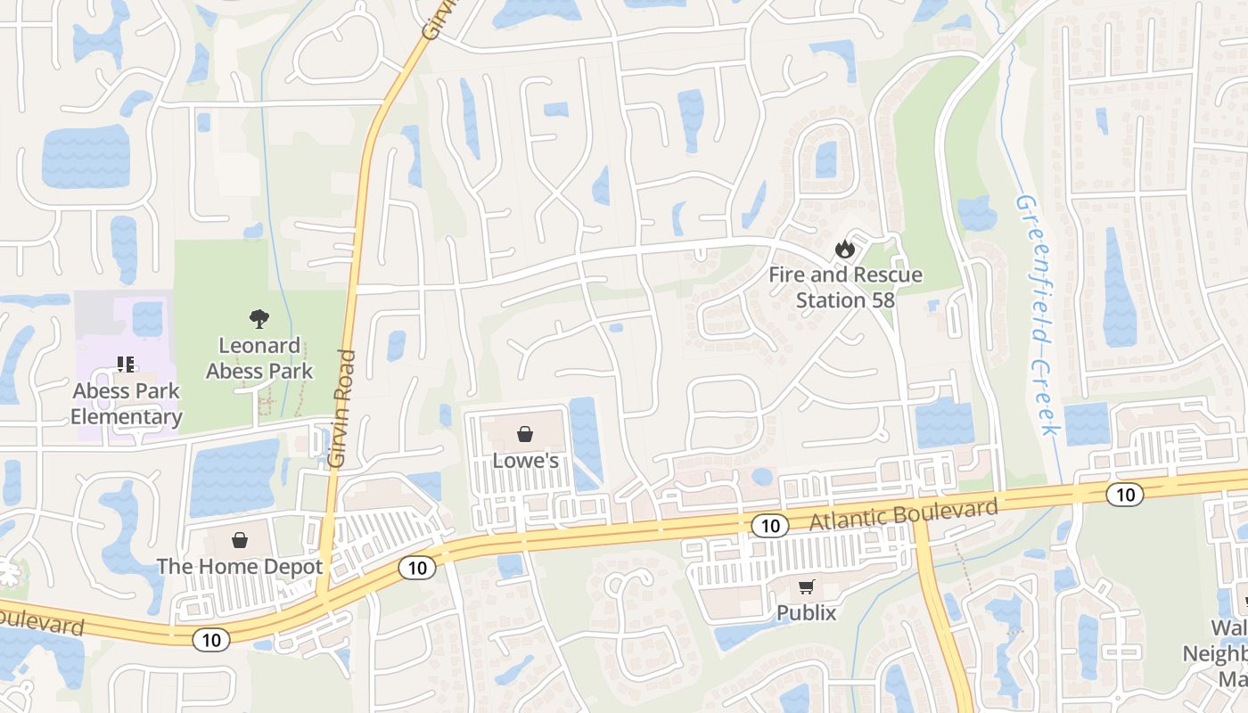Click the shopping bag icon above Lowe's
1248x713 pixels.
click(x=525, y=434)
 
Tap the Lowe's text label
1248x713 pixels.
click(x=525, y=461)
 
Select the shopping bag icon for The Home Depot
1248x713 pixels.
click(x=239, y=540)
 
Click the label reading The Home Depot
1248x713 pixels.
click(x=239, y=566)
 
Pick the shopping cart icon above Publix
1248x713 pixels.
click(x=806, y=586)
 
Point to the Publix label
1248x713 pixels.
click(x=806, y=613)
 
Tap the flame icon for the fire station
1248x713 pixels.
click(x=844, y=250)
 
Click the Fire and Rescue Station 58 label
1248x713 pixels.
click(x=845, y=287)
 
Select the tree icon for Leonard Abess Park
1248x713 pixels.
click(x=259, y=318)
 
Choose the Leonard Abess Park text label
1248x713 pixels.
click(x=259, y=358)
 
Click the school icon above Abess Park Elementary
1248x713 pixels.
click(x=126, y=364)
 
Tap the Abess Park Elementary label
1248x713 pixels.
click(x=127, y=404)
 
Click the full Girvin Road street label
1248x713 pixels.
click(x=341, y=408)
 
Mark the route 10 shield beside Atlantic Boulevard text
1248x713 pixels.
click(x=769, y=526)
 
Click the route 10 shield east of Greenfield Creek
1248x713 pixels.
click(x=1126, y=494)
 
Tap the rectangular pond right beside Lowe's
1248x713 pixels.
click(x=585, y=440)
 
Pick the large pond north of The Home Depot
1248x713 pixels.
click(x=234, y=477)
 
